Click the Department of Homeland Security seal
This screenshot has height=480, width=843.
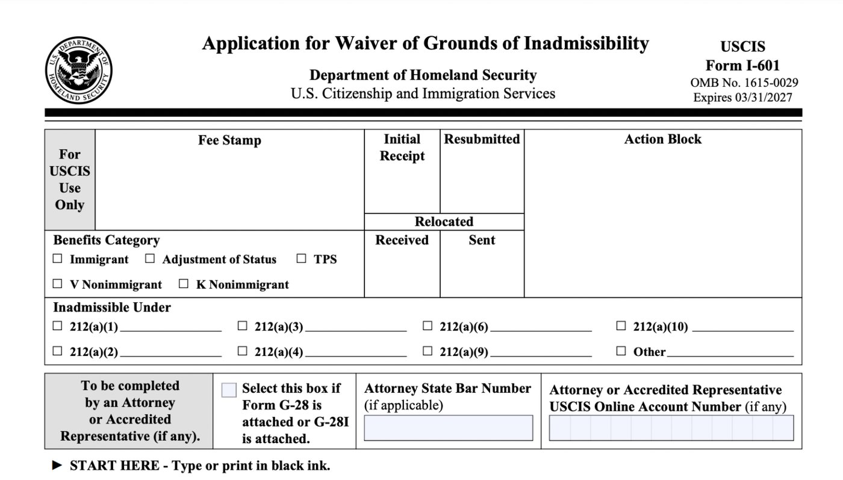78,70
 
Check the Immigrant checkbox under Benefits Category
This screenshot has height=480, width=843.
58,259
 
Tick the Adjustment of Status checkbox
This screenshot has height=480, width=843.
150,259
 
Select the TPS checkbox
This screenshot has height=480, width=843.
302,259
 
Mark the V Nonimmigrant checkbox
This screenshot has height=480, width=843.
58,284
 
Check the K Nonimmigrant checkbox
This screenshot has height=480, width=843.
184,284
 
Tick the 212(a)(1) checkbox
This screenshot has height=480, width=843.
58,326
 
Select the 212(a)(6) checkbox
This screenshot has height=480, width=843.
428,326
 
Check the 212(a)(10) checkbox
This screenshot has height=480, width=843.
621,326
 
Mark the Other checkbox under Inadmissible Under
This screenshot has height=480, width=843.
621,351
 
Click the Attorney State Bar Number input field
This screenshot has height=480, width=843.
448,428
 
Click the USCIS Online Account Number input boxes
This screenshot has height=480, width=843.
671,428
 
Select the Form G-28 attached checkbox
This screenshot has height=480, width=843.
229,390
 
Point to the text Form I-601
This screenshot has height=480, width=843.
742,65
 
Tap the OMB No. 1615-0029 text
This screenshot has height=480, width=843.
744,83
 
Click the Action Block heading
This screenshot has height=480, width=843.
662,139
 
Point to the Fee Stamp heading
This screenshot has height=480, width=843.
229,140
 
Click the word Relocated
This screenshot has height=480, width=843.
444,222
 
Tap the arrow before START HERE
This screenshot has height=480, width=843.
57,465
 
